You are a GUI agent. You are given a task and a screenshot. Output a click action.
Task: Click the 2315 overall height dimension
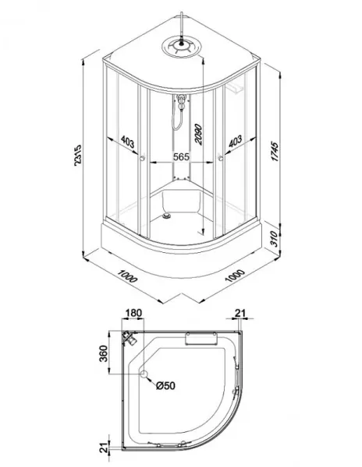(77, 155)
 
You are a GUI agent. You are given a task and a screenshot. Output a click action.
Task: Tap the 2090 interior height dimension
(198, 135)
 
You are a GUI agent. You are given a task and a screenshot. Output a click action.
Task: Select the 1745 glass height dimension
(275, 152)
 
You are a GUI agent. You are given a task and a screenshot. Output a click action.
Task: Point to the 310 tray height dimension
(275, 239)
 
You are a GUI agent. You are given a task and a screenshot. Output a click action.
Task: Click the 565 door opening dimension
(182, 156)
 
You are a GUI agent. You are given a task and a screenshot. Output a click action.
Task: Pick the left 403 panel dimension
(128, 142)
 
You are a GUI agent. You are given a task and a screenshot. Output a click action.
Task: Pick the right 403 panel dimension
(235, 141)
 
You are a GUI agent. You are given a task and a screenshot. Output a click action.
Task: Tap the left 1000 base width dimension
(127, 276)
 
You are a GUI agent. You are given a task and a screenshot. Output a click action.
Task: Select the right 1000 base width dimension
(235, 276)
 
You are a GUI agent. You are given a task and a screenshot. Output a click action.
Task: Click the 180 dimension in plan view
(133, 313)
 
